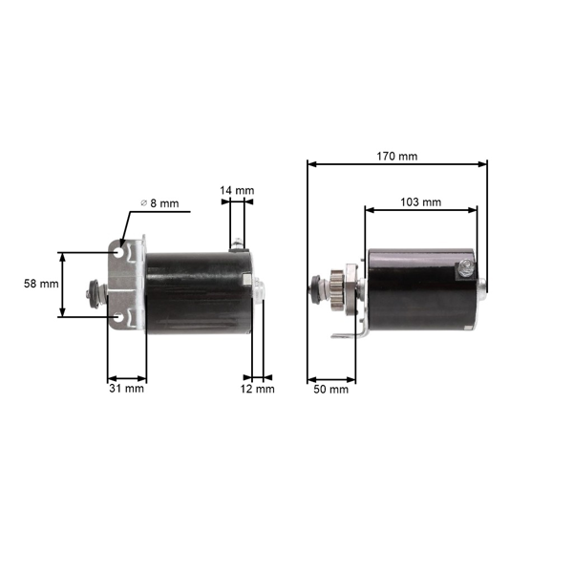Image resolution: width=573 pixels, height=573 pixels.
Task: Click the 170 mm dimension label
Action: (397, 155)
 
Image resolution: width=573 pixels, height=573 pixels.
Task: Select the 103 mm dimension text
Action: (420, 202)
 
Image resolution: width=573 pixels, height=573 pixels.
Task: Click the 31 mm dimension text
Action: (126, 389)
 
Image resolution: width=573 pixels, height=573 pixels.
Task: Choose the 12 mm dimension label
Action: (257, 389)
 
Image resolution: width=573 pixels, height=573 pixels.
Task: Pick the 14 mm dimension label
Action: (237, 191)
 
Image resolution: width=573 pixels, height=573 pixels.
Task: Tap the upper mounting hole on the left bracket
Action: (119, 253)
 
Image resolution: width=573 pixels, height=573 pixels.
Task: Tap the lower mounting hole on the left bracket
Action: (119, 316)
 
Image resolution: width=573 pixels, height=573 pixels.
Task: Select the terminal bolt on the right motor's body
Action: (464, 268)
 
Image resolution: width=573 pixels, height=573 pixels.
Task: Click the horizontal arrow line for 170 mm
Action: (397, 163)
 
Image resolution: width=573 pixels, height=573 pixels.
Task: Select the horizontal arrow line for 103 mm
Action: (420, 210)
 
